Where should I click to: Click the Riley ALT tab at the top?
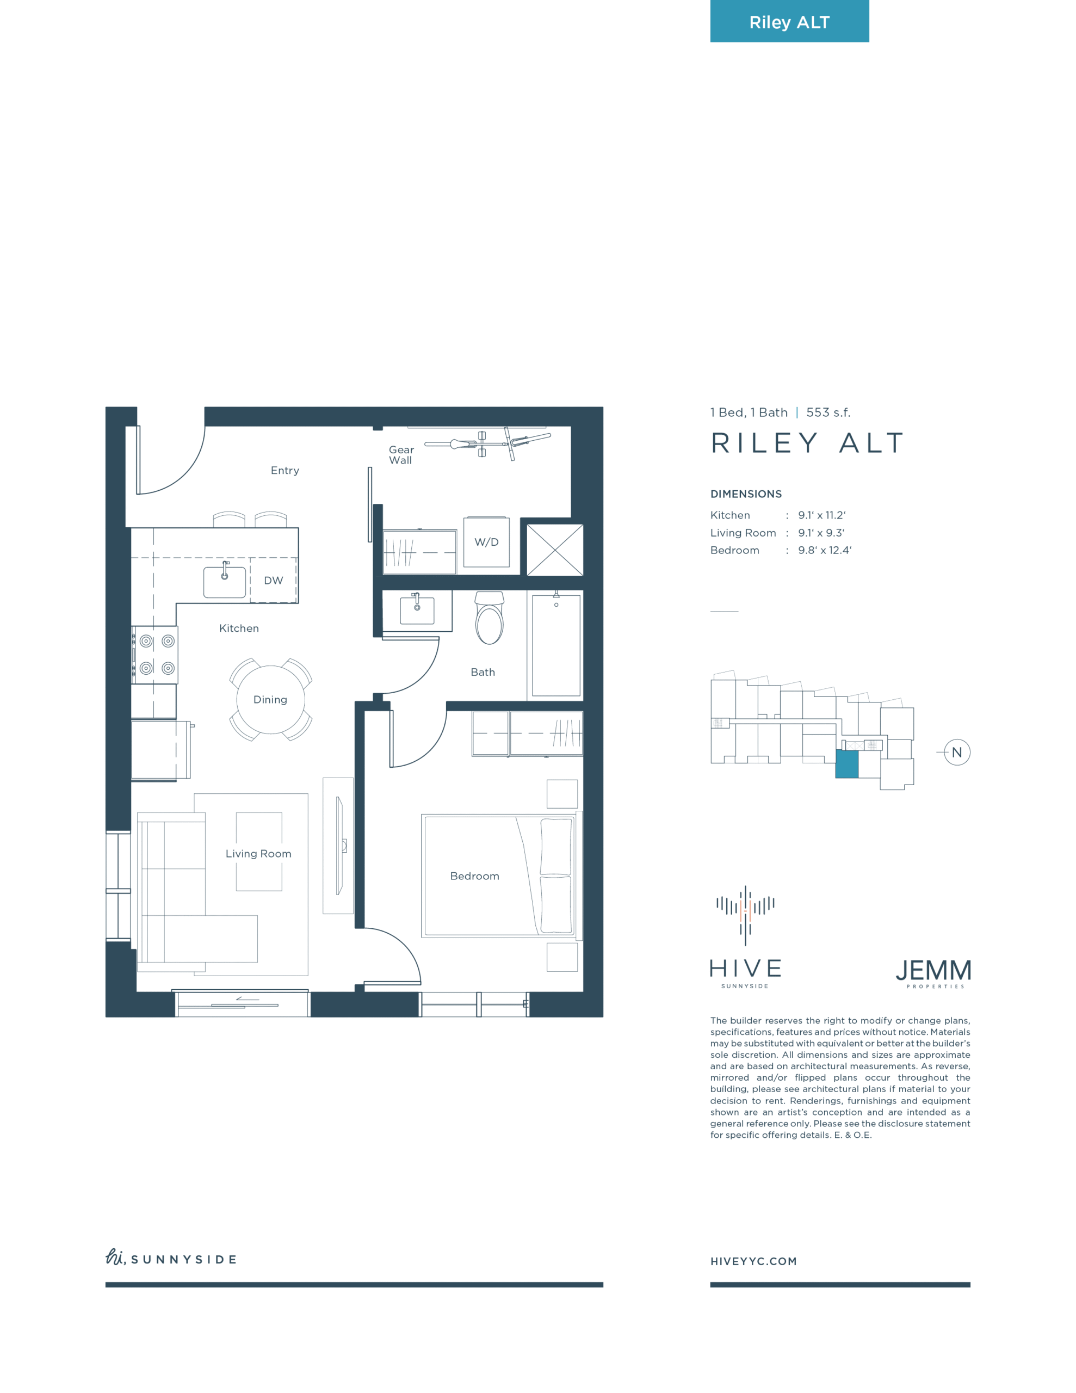[x=789, y=21]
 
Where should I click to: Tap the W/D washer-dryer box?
[x=486, y=541]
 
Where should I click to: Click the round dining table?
[x=270, y=700]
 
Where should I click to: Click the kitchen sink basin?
[x=225, y=581]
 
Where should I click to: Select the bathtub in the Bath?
[x=556, y=645]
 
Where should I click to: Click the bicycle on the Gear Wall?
[x=488, y=442]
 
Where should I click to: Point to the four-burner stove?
[x=155, y=655]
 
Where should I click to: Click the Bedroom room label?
[x=474, y=876]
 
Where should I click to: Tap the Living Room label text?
[x=258, y=853]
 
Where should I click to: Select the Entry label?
[x=285, y=470]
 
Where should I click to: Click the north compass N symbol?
[x=957, y=752]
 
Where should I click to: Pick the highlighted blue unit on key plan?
[x=847, y=763]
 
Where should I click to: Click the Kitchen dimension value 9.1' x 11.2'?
[x=821, y=515]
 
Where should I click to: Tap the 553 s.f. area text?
[x=828, y=412]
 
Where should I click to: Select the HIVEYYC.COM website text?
[x=753, y=1261]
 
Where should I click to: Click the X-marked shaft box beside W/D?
[x=555, y=550]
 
